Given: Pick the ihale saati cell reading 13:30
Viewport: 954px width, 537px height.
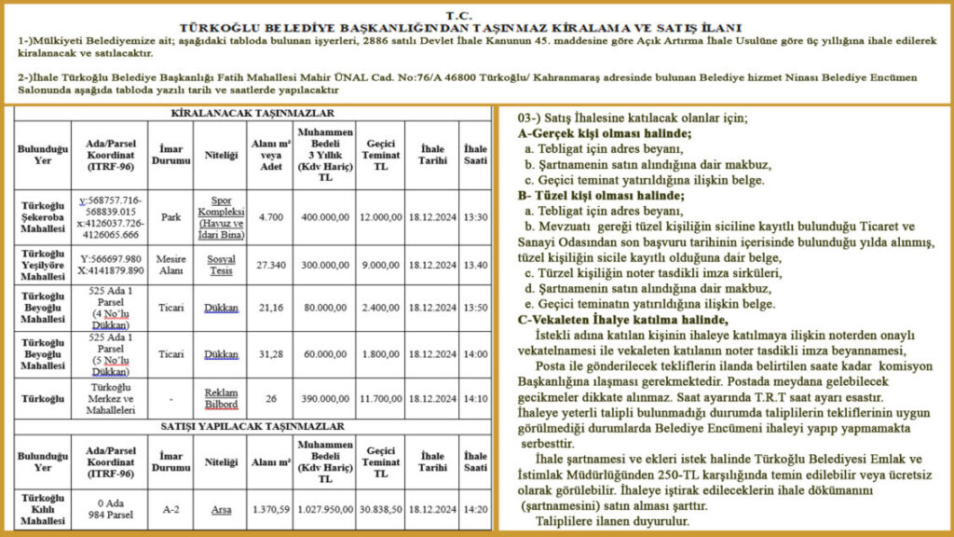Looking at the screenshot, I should click(475, 216).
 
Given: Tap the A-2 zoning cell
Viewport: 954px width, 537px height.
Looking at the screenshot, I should click(170, 510).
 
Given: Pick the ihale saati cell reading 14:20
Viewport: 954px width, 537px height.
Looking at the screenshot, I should click(475, 510).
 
